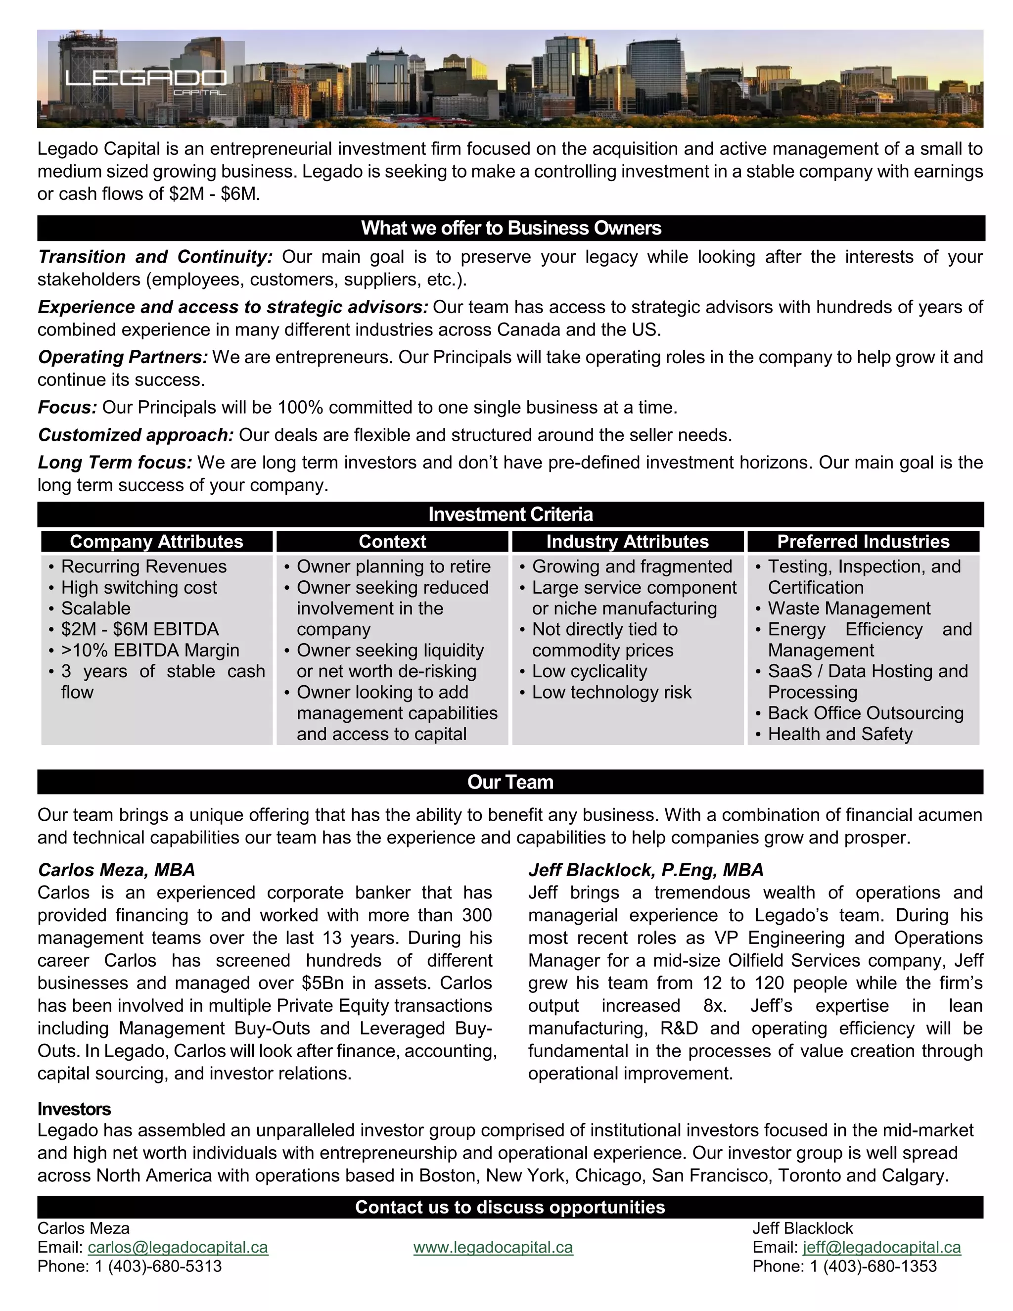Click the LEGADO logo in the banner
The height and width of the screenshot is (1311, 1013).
click(146, 79)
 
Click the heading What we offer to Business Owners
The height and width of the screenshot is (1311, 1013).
click(510, 228)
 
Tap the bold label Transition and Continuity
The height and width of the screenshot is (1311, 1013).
click(155, 257)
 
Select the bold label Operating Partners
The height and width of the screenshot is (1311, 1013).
click(123, 357)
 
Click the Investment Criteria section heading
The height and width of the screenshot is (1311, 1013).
click(510, 515)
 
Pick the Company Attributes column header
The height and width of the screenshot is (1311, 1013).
click(157, 541)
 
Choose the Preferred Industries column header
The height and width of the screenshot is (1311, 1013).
click(863, 541)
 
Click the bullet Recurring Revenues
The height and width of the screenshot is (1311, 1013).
click(144, 566)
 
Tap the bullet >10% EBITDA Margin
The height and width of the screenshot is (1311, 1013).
click(150, 650)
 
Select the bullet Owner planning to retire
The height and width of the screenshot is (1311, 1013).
click(394, 566)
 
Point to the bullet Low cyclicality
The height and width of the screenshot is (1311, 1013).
click(589, 671)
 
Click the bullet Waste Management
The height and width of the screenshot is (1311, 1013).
click(849, 608)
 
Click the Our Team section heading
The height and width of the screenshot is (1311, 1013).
click(510, 782)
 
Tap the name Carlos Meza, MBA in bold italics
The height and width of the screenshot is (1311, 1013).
click(116, 870)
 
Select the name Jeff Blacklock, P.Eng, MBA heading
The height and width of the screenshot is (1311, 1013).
click(645, 870)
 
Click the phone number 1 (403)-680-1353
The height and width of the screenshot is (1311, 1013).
click(873, 1266)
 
